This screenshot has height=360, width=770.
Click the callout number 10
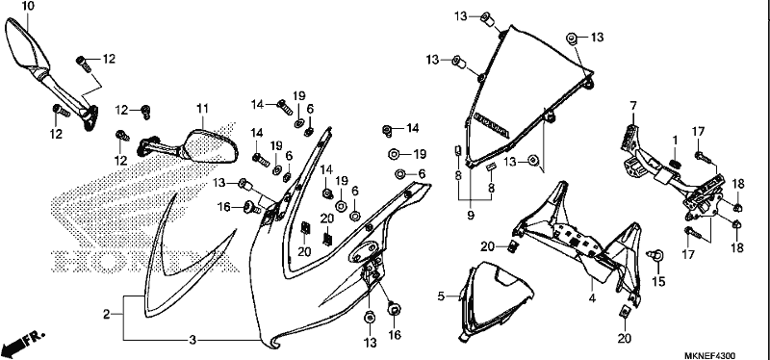coord(29,7)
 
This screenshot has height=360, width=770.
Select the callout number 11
coord(203,108)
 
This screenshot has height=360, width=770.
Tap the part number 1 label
coord(675,141)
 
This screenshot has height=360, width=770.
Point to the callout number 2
coord(107,315)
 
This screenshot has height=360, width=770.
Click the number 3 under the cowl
coord(193,340)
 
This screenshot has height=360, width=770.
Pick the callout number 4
coord(592,297)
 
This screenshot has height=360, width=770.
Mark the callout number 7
coord(633,106)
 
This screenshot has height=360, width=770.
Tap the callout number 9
coord(471,215)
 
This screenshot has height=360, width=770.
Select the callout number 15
coord(658,281)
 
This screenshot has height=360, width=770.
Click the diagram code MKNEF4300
coord(710,355)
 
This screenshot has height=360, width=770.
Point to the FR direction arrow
coord(22,344)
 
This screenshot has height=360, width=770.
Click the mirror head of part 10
coord(27,43)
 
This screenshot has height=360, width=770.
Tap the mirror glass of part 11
coord(212,147)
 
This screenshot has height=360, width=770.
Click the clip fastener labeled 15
coord(655,254)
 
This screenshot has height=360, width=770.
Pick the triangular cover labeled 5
coord(496,300)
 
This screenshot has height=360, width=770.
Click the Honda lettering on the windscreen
coord(492,127)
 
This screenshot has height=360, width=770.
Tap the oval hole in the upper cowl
coord(364,250)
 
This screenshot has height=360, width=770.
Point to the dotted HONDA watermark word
coord(145,262)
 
